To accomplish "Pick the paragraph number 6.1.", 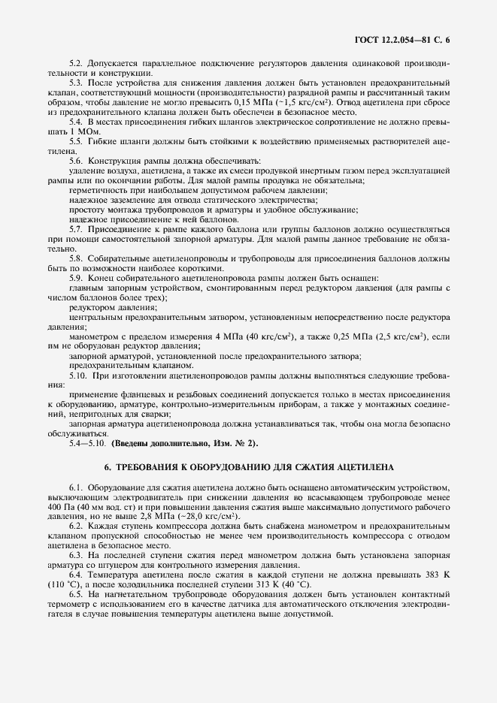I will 77,488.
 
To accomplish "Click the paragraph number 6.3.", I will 77,556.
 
